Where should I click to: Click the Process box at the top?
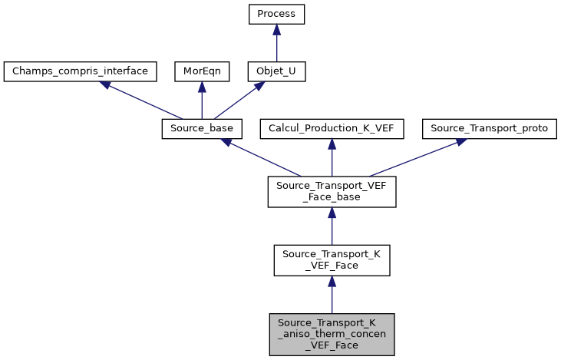click(276, 15)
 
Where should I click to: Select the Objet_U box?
click(276, 71)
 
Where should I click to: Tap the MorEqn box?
click(201, 71)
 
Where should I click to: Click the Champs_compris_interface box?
click(81, 71)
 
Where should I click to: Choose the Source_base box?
click(202, 129)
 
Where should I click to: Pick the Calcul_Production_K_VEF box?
click(332, 129)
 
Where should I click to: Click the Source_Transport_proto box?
click(490, 129)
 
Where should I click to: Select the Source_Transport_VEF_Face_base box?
click(332, 191)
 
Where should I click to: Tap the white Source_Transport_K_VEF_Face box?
click(332, 260)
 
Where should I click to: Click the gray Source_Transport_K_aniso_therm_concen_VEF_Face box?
click(332, 334)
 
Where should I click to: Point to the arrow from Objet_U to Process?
click(276, 43)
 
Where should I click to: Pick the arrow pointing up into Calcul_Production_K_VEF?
click(332, 157)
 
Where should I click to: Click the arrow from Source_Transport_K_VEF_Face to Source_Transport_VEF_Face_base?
click(332, 226)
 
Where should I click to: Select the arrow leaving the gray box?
click(332, 296)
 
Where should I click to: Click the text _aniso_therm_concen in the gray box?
click(332, 334)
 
